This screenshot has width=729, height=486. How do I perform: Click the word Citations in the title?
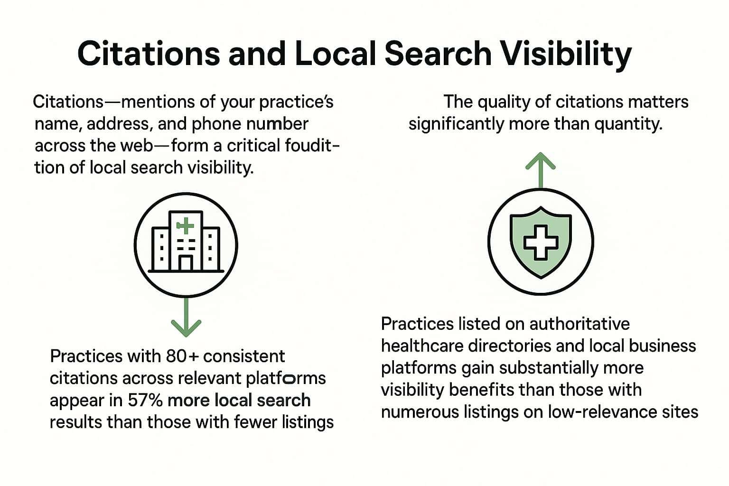[x=149, y=54]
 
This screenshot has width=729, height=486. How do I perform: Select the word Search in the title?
[x=438, y=54]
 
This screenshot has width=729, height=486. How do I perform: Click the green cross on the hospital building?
[x=185, y=225]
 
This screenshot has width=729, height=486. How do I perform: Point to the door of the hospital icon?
[x=186, y=263]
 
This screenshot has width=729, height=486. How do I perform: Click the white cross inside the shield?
[x=541, y=243]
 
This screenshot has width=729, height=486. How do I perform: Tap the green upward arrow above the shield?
[x=541, y=170]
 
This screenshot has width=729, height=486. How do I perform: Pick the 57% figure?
[x=145, y=401]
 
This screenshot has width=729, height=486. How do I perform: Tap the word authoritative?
[x=579, y=324]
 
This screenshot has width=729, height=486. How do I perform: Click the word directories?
[x=509, y=346]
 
